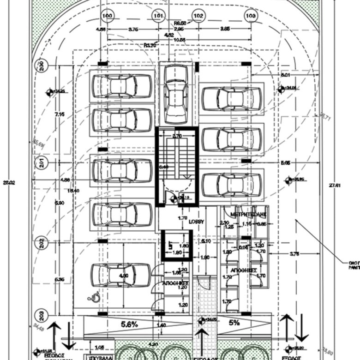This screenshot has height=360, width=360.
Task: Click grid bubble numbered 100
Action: tap(107, 16)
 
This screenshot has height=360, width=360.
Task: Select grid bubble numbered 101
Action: tap(158, 16)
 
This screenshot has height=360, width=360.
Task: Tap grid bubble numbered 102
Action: tap(198, 16)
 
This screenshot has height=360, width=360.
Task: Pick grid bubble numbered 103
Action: tap(251, 16)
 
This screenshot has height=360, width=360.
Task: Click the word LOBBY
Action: tap(196, 222)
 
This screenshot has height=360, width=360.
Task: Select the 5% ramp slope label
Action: tap(234, 324)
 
